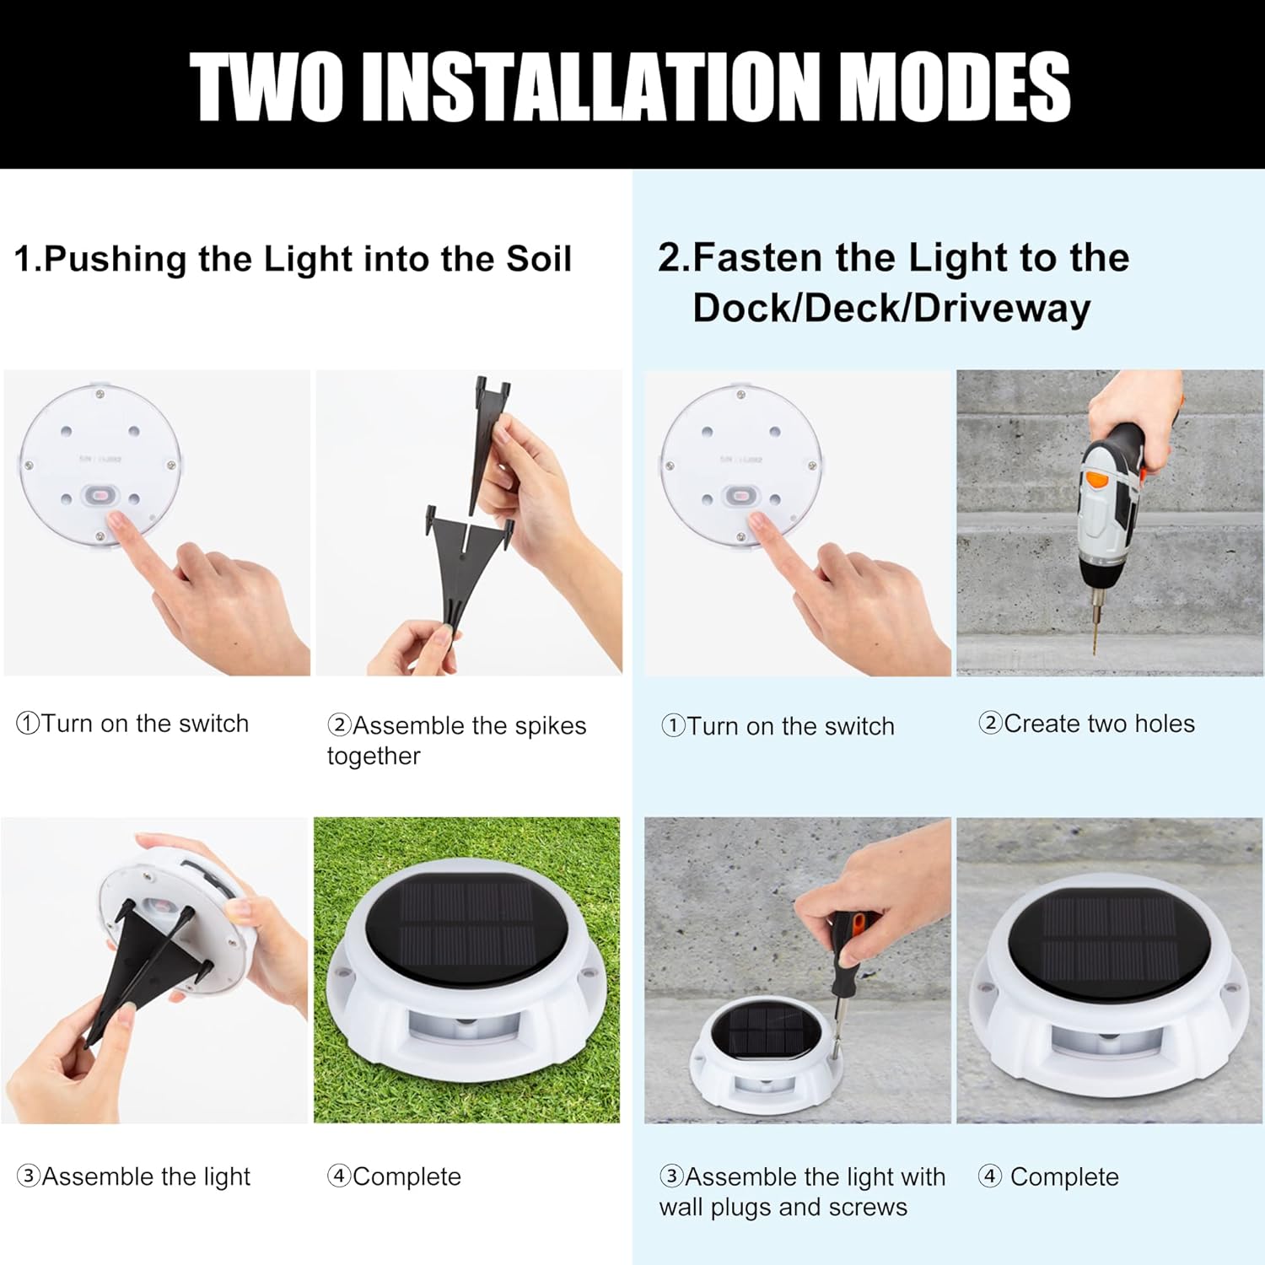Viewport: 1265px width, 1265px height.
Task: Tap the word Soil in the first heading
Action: point(538,259)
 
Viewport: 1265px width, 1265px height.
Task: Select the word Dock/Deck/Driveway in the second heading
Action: point(891,308)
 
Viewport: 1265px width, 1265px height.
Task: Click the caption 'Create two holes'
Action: point(1087,724)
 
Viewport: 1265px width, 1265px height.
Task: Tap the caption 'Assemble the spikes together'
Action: point(456,740)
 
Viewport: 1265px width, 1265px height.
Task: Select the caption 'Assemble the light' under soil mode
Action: point(134,1176)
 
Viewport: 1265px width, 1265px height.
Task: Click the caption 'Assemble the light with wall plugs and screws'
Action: point(802,1191)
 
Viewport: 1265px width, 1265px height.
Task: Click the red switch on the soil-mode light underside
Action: point(99,496)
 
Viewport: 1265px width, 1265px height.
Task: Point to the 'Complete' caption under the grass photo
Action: point(395,1176)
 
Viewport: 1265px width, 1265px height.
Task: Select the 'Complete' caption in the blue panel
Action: point(1049,1176)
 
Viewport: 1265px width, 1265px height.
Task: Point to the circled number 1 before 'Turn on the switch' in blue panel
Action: point(673,725)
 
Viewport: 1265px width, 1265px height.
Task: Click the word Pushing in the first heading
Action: point(115,259)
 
